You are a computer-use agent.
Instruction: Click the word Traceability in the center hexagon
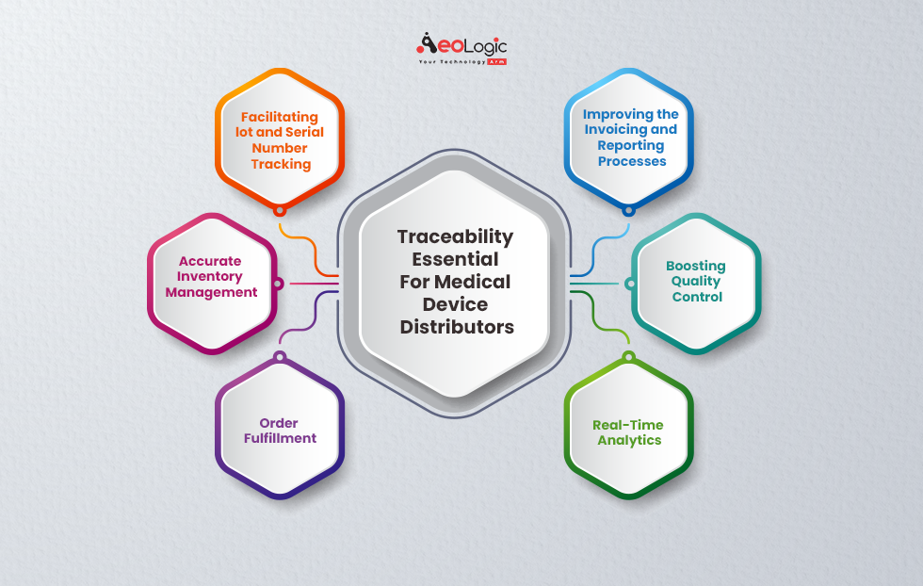coord(455,236)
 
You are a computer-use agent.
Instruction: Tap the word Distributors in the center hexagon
coord(457,327)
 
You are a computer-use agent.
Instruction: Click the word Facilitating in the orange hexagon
coord(280,117)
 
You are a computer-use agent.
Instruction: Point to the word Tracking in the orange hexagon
coord(281,164)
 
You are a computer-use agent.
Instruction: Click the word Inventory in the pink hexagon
coord(210,276)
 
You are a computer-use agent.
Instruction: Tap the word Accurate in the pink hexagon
coord(211,261)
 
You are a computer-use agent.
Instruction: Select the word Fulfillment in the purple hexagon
coord(280,438)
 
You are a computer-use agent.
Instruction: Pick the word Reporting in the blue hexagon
coord(630,146)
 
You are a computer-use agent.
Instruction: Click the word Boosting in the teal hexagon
coord(696,266)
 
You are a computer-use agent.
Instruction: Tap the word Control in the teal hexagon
coord(697,297)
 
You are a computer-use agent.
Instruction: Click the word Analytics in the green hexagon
coord(629,440)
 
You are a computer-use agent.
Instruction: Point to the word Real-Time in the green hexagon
coord(628,425)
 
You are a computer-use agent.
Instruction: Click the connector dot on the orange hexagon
coord(280,210)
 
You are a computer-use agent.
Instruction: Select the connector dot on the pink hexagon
coord(277,283)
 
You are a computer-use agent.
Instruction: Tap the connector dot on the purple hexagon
coord(280,356)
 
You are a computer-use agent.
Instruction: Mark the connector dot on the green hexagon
coord(629,356)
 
